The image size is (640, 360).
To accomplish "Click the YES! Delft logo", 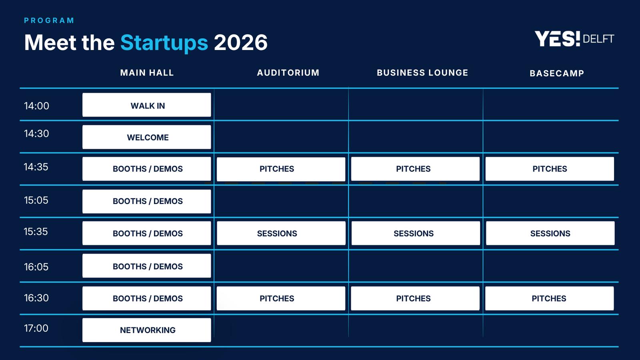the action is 574,39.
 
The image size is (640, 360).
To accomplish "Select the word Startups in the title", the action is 164,42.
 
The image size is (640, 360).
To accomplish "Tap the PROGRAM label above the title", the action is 49,20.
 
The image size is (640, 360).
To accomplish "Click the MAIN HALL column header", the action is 147,72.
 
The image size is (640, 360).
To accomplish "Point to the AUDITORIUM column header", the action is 288,72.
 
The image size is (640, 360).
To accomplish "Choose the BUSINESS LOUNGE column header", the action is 422,72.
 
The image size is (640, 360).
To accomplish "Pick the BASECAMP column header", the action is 557,74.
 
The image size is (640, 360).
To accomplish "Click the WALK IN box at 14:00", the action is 146,105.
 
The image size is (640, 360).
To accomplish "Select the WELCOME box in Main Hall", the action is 146,137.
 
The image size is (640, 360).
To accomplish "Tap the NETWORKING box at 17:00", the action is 146,330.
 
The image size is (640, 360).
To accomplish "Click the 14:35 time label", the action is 36,167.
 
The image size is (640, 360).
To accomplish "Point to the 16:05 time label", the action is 36,267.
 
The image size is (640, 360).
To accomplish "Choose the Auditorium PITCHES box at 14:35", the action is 281,169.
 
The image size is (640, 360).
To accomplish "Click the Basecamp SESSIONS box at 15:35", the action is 550,233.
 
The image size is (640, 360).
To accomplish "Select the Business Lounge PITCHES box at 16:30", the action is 415,298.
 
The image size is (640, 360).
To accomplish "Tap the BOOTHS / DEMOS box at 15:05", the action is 146,202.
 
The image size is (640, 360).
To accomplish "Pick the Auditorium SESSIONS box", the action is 281,233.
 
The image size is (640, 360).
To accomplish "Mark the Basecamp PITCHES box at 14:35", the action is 550,169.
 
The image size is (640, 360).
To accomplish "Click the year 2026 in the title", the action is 240,42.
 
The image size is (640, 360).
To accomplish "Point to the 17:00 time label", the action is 36,328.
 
